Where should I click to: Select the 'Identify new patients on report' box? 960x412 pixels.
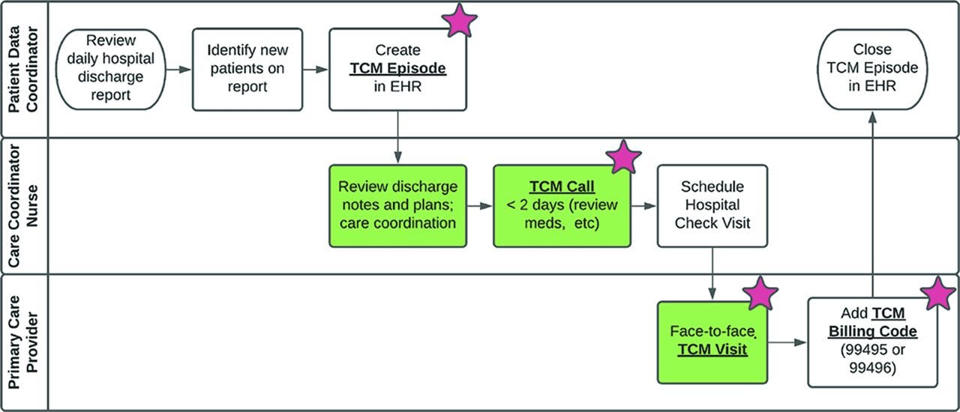pyautogui.click(x=247, y=70)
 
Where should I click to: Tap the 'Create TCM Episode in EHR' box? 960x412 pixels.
pyautogui.click(x=397, y=70)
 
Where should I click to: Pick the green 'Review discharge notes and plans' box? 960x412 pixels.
pyautogui.click(x=397, y=206)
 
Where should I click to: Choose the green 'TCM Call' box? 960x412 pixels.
pyautogui.click(x=562, y=206)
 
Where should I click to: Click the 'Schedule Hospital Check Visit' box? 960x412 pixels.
pyautogui.click(x=712, y=206)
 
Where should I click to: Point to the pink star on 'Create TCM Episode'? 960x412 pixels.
pyautogui.click(x=460, y=22)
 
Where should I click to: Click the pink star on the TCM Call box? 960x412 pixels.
pyautogui.click(x=623, y=158)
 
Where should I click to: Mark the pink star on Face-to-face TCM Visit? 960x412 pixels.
pyautogui.click(x=761, y=294)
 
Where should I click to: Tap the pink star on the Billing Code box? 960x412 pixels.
pyautogui.click(x=937, y=294)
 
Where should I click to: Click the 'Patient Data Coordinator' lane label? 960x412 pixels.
pyautogui.click(x=24, y=70)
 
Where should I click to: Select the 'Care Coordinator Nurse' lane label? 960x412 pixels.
pyautogui.click(x=24, y=206)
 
